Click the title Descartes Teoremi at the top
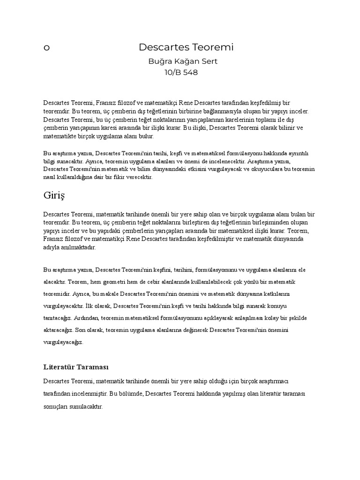186,47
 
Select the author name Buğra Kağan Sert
182,61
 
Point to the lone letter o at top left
46,48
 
